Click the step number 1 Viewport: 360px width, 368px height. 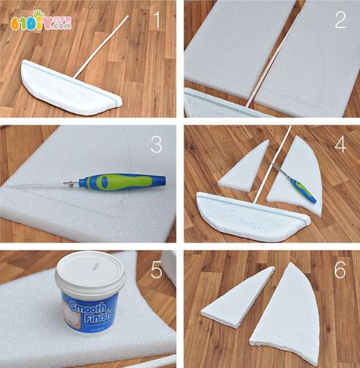(156, 20)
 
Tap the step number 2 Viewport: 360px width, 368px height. (340, 19)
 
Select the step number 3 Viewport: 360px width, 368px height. (156, 145)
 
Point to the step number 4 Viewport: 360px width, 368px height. (340, 144)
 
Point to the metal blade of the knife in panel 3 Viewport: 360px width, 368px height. (43, 186)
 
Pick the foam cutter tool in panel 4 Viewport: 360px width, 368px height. (295, 184)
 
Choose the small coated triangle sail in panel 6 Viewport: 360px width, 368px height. (237, 297)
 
